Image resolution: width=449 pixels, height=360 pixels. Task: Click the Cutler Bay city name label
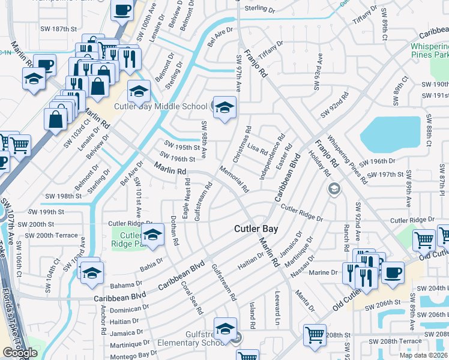tap(255, 229)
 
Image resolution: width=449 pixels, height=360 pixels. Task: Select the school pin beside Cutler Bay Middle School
tap(225, 108)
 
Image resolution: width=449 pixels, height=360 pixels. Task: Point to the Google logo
tap(20, 353)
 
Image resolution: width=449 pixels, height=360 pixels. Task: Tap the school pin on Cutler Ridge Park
tap(152, 235)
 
